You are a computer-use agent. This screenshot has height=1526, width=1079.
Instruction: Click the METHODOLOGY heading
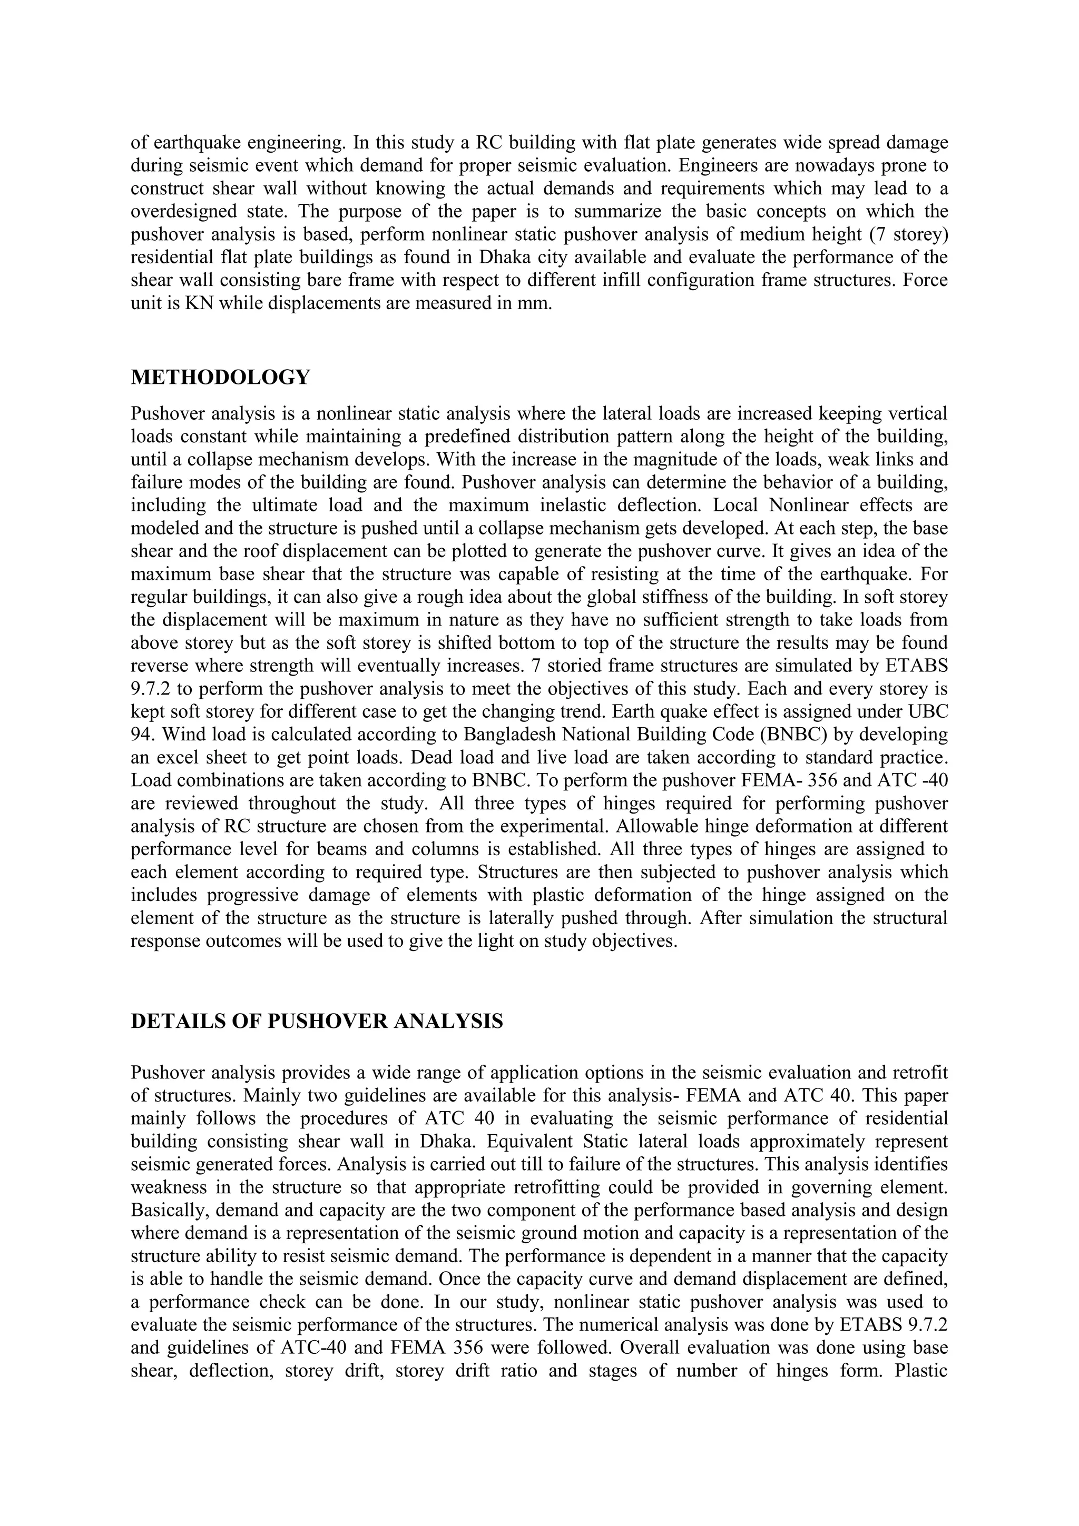click(220, 378)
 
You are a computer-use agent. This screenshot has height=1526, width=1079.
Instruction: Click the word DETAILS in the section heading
click(173, 1021)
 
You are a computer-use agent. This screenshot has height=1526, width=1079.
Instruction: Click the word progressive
click(246, 895)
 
